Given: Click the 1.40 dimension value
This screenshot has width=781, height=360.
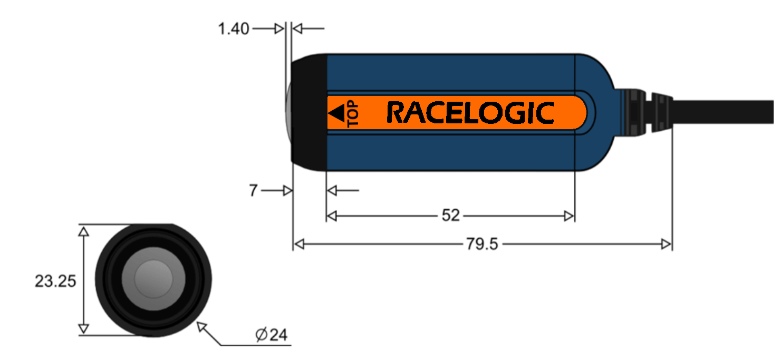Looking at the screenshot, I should point(233,29).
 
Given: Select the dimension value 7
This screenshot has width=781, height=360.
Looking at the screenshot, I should point(254,191).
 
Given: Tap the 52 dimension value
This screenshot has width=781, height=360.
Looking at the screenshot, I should point(450,216).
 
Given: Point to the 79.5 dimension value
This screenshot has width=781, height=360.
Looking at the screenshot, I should point(481,244).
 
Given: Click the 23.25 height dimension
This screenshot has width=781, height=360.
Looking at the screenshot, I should point(55,281).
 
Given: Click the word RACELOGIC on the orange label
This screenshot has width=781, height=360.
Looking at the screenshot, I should point(470,113).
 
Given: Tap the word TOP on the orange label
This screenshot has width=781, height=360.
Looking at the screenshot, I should point(352,114).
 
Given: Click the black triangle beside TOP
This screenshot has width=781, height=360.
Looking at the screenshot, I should point(336,113).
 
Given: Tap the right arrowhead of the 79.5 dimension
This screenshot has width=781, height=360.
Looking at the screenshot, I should point(667,244).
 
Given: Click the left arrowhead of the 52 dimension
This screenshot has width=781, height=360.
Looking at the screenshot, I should point(332,216).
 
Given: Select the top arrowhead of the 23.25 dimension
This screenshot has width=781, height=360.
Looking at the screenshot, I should point(83,230).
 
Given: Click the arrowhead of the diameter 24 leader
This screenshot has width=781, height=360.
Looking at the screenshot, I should point(200,326).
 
